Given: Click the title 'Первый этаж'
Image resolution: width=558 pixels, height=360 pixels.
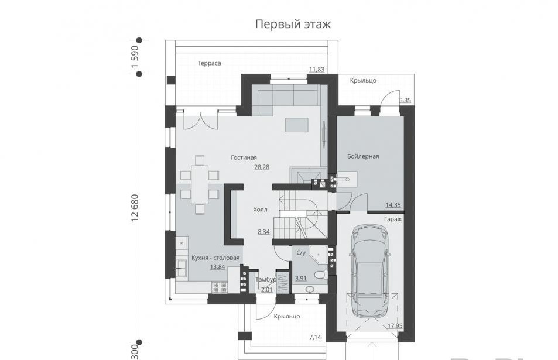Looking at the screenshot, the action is tap(293, 24).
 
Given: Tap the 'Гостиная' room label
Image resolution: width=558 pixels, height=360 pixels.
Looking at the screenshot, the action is tap(244, 157).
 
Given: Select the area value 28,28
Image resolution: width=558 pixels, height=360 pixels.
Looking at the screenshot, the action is tap(262, 167).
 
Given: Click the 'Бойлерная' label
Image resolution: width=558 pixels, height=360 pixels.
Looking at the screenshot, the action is tap(363, 156).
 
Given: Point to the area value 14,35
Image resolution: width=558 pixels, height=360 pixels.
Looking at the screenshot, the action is tap(393, 205).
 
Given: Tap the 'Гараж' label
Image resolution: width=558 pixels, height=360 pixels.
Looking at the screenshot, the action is tap(393, 219).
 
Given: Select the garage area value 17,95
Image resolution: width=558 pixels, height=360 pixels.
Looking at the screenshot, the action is tap(395, 325).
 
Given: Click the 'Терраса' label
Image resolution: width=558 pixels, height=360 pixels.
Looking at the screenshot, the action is tap(209, 63).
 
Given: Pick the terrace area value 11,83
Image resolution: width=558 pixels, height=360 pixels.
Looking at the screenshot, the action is tap(317, 70).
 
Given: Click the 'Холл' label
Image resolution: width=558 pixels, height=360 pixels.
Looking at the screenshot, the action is tap(260, 210).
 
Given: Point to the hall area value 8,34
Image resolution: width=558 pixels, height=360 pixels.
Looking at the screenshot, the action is tap(263, 232).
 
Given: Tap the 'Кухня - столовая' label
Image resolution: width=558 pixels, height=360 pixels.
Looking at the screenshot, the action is tap(215, 258).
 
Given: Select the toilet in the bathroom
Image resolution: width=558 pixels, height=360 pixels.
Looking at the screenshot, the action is tap(321, 275).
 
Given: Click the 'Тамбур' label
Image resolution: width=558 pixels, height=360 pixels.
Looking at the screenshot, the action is tap(266, 280).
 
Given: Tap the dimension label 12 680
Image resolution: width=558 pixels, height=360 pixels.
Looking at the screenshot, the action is tap(135, 208).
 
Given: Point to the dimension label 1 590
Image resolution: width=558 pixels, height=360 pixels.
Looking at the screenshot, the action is tap(135, 57).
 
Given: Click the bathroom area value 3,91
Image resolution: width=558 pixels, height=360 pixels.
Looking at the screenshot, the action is tap(301, 279).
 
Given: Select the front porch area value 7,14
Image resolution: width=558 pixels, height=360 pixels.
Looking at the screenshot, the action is tap(315, 337).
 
